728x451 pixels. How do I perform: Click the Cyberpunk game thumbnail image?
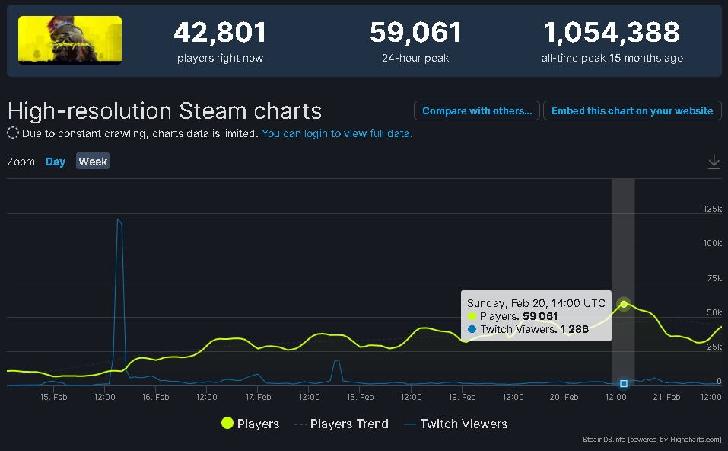pos(70,40)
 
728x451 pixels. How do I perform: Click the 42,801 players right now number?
pos(220,33)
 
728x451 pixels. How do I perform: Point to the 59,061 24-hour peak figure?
pos(416,33)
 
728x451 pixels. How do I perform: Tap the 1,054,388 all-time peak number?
pos(612,33)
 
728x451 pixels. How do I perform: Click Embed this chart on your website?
pos(631,110)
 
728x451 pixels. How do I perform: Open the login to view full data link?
pos(337,133)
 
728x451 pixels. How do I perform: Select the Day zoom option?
pos(56,162)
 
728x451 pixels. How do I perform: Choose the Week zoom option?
pos(93,162)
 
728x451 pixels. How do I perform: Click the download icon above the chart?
pos(714,162)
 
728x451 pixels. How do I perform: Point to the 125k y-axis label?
pos(712,209)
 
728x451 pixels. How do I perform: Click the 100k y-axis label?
pos(712,243)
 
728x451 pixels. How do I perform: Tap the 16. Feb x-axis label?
pos(156,397)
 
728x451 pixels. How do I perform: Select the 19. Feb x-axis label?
pos(463,397)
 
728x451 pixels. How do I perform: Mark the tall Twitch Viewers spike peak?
pos(118,220)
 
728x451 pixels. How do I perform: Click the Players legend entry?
pos(250,424)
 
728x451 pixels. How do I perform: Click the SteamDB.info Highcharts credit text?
pos(653,440)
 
